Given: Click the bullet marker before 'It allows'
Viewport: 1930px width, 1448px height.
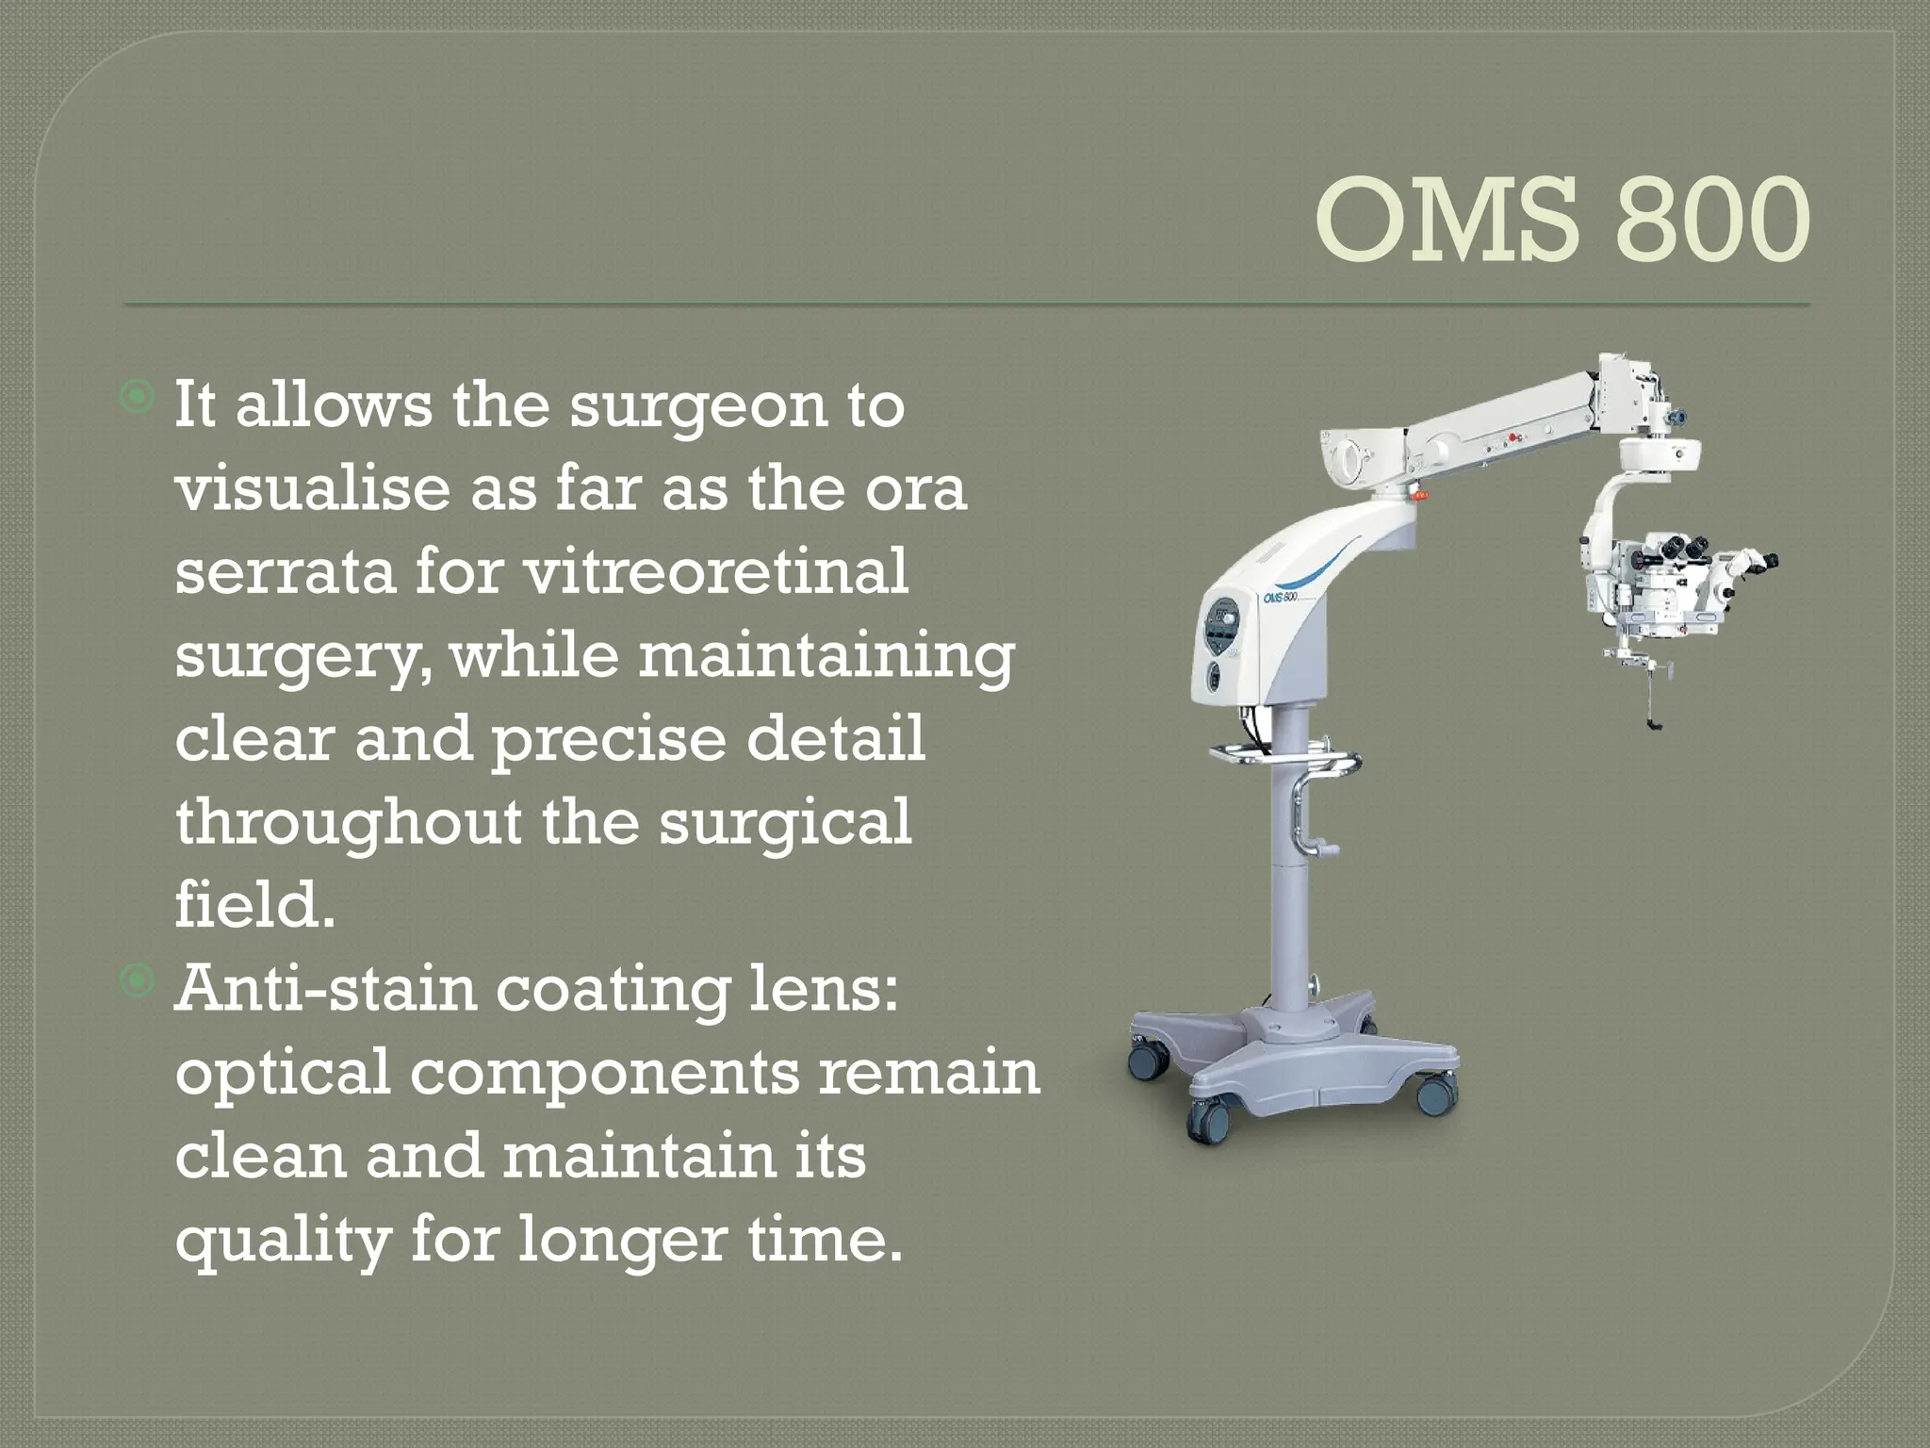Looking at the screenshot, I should [x=138, y=397].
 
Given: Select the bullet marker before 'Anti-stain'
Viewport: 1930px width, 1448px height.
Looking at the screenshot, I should [x=138, y=980].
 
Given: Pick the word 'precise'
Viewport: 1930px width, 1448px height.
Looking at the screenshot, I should [x=609, y=739].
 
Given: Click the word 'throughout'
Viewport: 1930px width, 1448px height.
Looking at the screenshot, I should [x=348, y=822].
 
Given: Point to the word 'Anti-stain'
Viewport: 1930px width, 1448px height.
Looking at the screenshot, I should [x=326, y=989].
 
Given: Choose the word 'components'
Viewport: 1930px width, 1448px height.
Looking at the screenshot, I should [x=604, y=1074].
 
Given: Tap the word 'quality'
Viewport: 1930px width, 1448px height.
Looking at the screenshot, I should [x=283, y=1240].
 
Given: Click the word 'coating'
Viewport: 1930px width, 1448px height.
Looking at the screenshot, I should [x=613, y=991].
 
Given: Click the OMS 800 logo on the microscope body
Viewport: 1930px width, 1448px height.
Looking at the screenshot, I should [x=1281, y=596].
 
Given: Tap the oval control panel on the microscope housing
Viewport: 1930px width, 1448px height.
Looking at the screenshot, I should [x=1222, y=626].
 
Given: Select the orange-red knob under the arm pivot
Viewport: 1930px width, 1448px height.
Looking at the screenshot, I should [x=1419, y=493].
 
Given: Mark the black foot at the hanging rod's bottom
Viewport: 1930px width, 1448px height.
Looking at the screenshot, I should [x=1655, y=724].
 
